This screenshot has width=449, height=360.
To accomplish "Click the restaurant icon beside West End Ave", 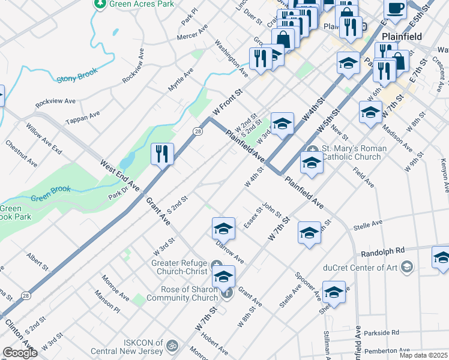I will [161, 154].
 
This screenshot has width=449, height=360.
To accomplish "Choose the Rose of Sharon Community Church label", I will [182, 293].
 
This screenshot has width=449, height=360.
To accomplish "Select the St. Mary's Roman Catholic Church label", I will [352, 152].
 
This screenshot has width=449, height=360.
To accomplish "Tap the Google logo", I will [20, 353].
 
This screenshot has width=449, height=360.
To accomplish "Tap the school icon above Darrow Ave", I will [223, 229].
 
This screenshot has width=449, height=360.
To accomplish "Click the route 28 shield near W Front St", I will [197, 131].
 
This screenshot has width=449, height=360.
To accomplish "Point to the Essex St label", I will [253, 218].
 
